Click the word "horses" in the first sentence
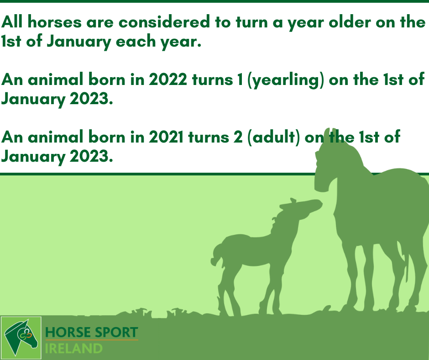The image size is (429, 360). click(55, 22)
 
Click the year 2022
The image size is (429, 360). click(167, 80)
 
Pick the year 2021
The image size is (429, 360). click(166, 137)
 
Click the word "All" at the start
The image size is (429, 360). click(12, 22)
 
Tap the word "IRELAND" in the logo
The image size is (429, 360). click(73, 349)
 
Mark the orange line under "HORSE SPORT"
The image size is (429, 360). click(92, 340)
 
